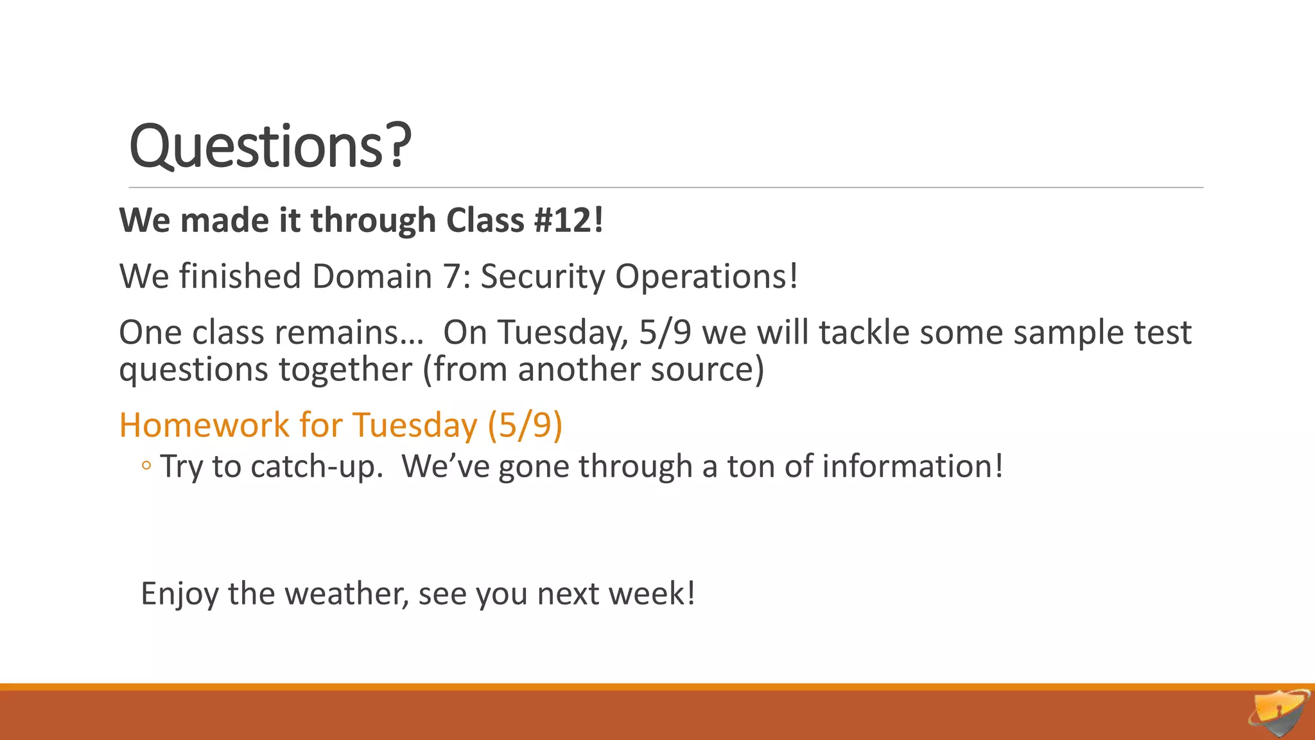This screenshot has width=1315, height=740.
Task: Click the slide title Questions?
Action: point(270,146)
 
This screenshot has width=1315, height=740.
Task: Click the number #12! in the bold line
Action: point(568,220)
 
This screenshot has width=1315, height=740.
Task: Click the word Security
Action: point(543,277)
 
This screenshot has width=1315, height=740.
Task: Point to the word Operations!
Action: point(706,277)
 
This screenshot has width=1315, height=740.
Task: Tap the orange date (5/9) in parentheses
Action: point(525,425)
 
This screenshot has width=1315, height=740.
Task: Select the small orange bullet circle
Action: point(146,466)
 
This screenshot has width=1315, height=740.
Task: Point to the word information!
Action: point(912,466)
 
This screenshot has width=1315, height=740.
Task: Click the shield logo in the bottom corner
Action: point(1279,712)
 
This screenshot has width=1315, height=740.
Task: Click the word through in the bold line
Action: point(372,220)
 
